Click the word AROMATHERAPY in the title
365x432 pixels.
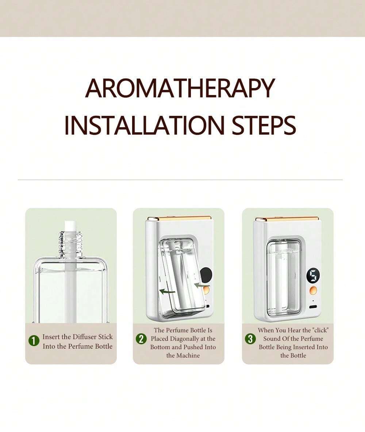coord(180,88)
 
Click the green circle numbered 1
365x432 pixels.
coord(34,341)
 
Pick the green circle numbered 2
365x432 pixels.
coord(141,339)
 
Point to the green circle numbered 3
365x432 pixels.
coord(250,339)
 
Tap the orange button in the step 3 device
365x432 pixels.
coord(313,291)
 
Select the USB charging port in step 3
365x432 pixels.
coord(313,307)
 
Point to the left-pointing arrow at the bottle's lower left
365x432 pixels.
coord(167,291)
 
